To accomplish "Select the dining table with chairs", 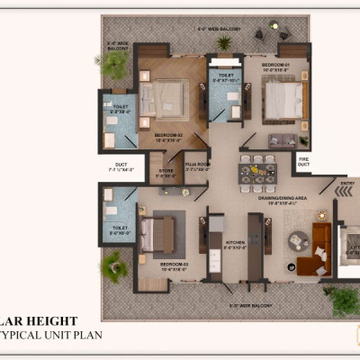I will pos(257,167).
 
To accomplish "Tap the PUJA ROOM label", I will pos(197,166).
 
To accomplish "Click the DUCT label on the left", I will pos(120,166).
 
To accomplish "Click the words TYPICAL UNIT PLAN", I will pos(53,335).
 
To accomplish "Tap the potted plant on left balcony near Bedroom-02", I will pos(115,63).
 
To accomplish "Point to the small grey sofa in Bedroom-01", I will pos(283,140).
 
